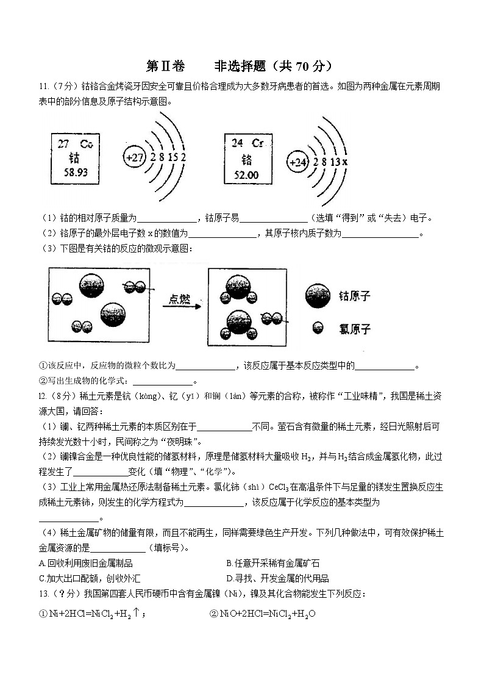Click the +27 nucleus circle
click(134, 157)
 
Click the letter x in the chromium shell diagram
click(344, 162)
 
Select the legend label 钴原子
click(355, 296)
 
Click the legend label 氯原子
click(355, 329)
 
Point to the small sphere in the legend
click(317, 328)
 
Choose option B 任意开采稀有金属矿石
click(272, 563)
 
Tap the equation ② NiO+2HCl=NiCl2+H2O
click(263, 614)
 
